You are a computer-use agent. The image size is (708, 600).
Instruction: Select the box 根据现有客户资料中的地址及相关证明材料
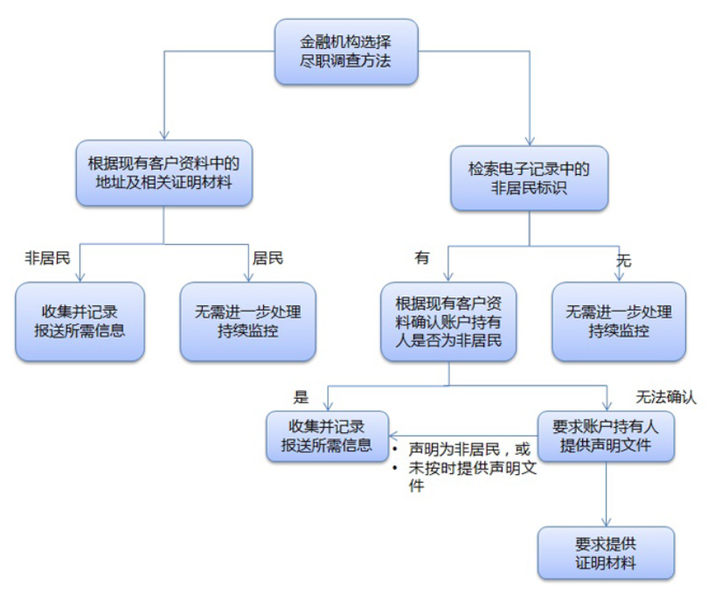click(164, 173)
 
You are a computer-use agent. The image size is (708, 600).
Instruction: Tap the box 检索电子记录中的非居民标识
click(529, 178)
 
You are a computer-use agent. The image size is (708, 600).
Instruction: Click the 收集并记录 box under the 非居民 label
click(80, 321)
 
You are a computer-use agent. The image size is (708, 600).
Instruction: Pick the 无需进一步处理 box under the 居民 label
click(248, 321)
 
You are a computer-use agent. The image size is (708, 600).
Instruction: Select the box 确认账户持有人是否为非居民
click(448, 321)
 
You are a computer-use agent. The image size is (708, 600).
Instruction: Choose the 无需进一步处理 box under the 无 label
click(618, 321)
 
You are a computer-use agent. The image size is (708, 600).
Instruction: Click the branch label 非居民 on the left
click(46, 259)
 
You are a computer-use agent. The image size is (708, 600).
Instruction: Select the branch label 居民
click(267, 259)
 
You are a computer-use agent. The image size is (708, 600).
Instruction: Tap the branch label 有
click(422, 259)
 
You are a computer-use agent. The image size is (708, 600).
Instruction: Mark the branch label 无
click(623, 261)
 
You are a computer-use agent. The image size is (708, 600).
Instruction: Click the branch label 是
click(302, 398)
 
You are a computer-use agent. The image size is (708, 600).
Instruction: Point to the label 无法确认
click(665, 398)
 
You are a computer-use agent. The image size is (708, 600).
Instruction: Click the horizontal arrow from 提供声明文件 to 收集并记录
click(463, 436)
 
